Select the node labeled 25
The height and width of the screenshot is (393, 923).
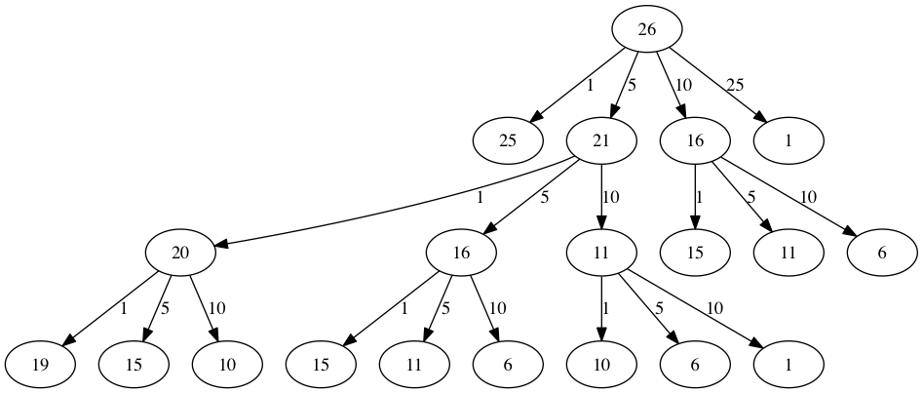508,140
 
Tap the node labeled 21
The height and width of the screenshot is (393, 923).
601,140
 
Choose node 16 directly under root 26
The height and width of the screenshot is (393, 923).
695,140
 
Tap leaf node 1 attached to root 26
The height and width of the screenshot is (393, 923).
788,140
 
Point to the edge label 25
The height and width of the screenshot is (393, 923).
735,85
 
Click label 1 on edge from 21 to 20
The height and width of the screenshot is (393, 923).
480,196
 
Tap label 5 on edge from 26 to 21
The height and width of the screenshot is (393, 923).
632,85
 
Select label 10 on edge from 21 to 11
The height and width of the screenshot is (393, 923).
611,196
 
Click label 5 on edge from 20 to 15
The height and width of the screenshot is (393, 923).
164,308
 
